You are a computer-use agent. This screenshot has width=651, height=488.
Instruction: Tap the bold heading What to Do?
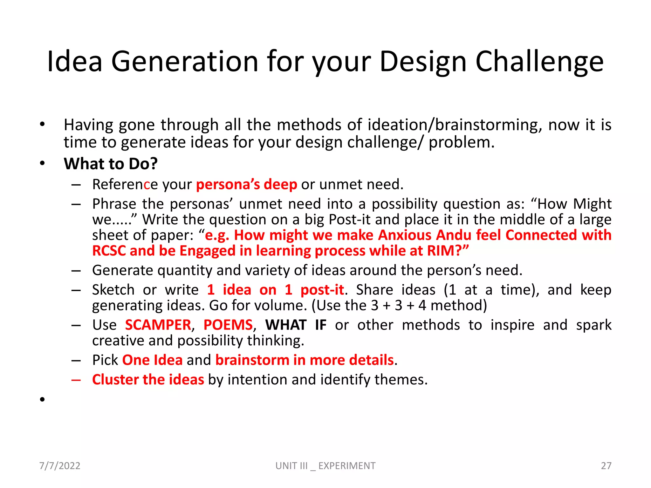[x=111, y=164]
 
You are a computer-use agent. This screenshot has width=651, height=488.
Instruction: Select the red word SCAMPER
[x=158, y=325]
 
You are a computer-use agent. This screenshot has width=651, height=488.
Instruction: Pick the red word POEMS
[x=228, y=325]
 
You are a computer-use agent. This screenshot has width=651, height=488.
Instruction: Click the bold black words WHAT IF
[x=296, y=325]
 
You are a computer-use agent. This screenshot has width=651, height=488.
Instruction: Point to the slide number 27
[x=606, y=466]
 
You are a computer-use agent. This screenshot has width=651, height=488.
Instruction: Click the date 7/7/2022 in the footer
[x=60, y=466]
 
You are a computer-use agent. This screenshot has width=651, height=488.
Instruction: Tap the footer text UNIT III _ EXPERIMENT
[x=325, y=466]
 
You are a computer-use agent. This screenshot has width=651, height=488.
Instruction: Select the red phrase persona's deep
[x=246, y=185]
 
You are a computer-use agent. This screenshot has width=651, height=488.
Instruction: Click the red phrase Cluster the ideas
[x=148, y=380]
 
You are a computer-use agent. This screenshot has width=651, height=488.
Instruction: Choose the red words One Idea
[x=152, y=360]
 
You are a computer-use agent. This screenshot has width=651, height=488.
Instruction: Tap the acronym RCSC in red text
[x=109, y=251]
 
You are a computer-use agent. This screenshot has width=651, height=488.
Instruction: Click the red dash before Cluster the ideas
[x=76, y=380]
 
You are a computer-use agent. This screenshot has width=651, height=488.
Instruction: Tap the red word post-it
[x=322, y=290]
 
